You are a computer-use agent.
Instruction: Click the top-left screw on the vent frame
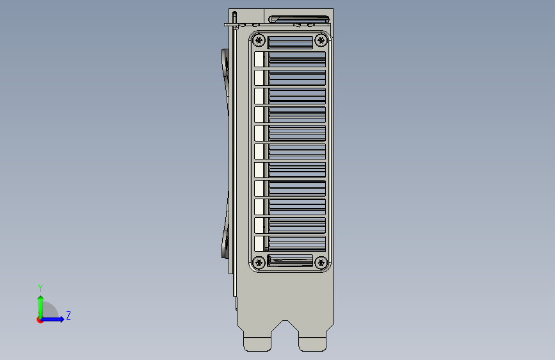(259, 41)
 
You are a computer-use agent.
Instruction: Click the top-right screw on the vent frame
(321, 41)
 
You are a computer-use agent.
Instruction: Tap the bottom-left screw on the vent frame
(259, 262)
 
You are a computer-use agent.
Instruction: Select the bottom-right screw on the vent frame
(321, 262)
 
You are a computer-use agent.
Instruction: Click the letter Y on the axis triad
(40, 288)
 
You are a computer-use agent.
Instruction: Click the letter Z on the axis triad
(68, 316)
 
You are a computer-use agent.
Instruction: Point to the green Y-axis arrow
(40, 304)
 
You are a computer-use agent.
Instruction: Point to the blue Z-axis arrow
(55, 319)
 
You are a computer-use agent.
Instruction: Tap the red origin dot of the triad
(40, 320)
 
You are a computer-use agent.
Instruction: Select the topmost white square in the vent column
(259, 60)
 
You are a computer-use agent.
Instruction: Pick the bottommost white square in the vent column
(259, 243)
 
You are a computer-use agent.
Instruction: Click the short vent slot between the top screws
(290, 42)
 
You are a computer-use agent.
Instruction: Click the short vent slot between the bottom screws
(290, 260)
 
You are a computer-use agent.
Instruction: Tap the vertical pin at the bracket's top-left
(235, 19)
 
